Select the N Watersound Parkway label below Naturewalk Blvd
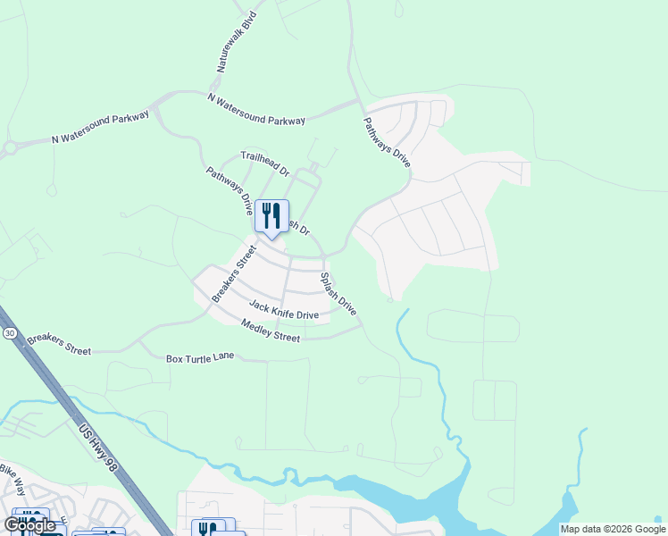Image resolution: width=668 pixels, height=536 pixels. pos(256,108)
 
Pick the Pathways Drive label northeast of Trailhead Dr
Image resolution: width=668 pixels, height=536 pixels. pos(387,142)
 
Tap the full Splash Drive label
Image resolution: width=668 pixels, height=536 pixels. pos(338,294)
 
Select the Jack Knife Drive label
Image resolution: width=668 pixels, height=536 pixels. pos(283,310)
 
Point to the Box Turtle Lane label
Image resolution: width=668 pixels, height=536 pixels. pos(200,357)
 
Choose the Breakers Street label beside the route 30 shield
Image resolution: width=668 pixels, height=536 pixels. pos(59,345)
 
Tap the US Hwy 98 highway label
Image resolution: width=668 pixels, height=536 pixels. pos(100,449)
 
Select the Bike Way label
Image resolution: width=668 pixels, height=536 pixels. pos(13,480)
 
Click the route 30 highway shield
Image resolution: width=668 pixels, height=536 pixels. pos(9,332)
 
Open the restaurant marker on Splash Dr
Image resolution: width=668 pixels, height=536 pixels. pos(271,217)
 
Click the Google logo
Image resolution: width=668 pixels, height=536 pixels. pos(30,525)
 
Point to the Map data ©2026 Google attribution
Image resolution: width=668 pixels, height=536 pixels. pos(613,529)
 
